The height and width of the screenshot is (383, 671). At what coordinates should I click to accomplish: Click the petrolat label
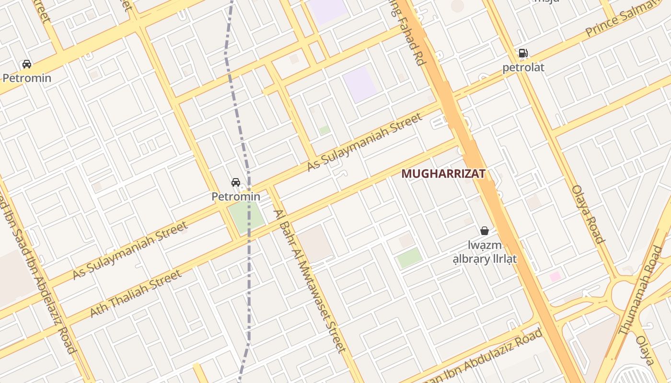523,68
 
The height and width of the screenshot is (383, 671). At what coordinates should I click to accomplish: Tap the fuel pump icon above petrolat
523,53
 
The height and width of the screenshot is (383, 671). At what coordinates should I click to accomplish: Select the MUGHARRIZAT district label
443,174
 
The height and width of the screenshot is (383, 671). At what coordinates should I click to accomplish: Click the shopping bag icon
485,231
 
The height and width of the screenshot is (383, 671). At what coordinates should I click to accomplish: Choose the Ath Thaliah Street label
136,293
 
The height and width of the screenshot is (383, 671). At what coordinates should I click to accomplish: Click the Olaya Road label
588,214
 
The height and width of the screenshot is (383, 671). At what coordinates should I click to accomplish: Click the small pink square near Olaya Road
555,276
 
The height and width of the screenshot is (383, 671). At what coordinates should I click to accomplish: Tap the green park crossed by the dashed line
246,216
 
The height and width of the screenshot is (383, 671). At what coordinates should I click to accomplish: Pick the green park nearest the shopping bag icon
409,258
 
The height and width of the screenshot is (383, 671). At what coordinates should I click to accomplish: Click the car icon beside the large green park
236,182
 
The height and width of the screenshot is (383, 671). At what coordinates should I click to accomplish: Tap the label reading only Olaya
645,350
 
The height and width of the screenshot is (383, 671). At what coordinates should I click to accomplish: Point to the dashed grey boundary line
249,268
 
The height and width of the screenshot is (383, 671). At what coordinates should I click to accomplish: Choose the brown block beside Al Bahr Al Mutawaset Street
315,243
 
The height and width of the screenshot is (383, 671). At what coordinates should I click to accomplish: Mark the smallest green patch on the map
324,130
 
